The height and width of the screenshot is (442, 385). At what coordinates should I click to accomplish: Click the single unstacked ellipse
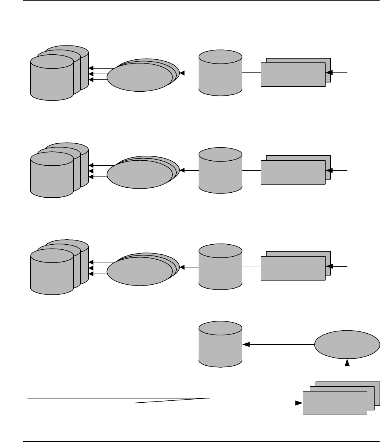coord(346,345)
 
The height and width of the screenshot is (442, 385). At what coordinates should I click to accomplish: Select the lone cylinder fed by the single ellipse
coord(220,345)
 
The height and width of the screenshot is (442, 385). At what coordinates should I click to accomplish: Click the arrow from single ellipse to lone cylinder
coord(278,345)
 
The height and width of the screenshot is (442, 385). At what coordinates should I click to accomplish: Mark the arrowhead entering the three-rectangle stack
coord(299,403)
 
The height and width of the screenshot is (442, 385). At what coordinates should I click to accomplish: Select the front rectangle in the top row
coord(293,74)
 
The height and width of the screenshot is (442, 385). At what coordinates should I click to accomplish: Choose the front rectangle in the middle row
coord(293,172)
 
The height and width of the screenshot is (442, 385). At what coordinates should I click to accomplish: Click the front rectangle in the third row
coord(293,269)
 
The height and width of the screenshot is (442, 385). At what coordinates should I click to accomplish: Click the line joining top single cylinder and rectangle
coord(252,73)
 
